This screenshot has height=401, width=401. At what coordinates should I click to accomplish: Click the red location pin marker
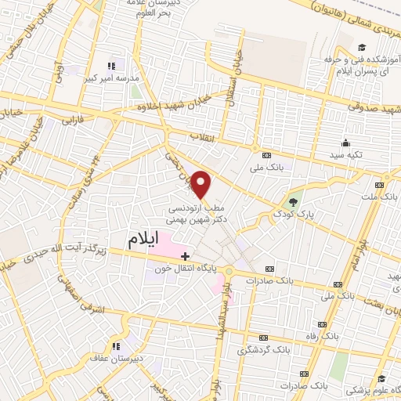click(x=202, y=184)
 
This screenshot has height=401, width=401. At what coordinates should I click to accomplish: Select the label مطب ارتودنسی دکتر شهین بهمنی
click(x=197, y=215)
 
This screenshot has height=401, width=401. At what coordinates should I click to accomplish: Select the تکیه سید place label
click(x=345, y=156)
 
